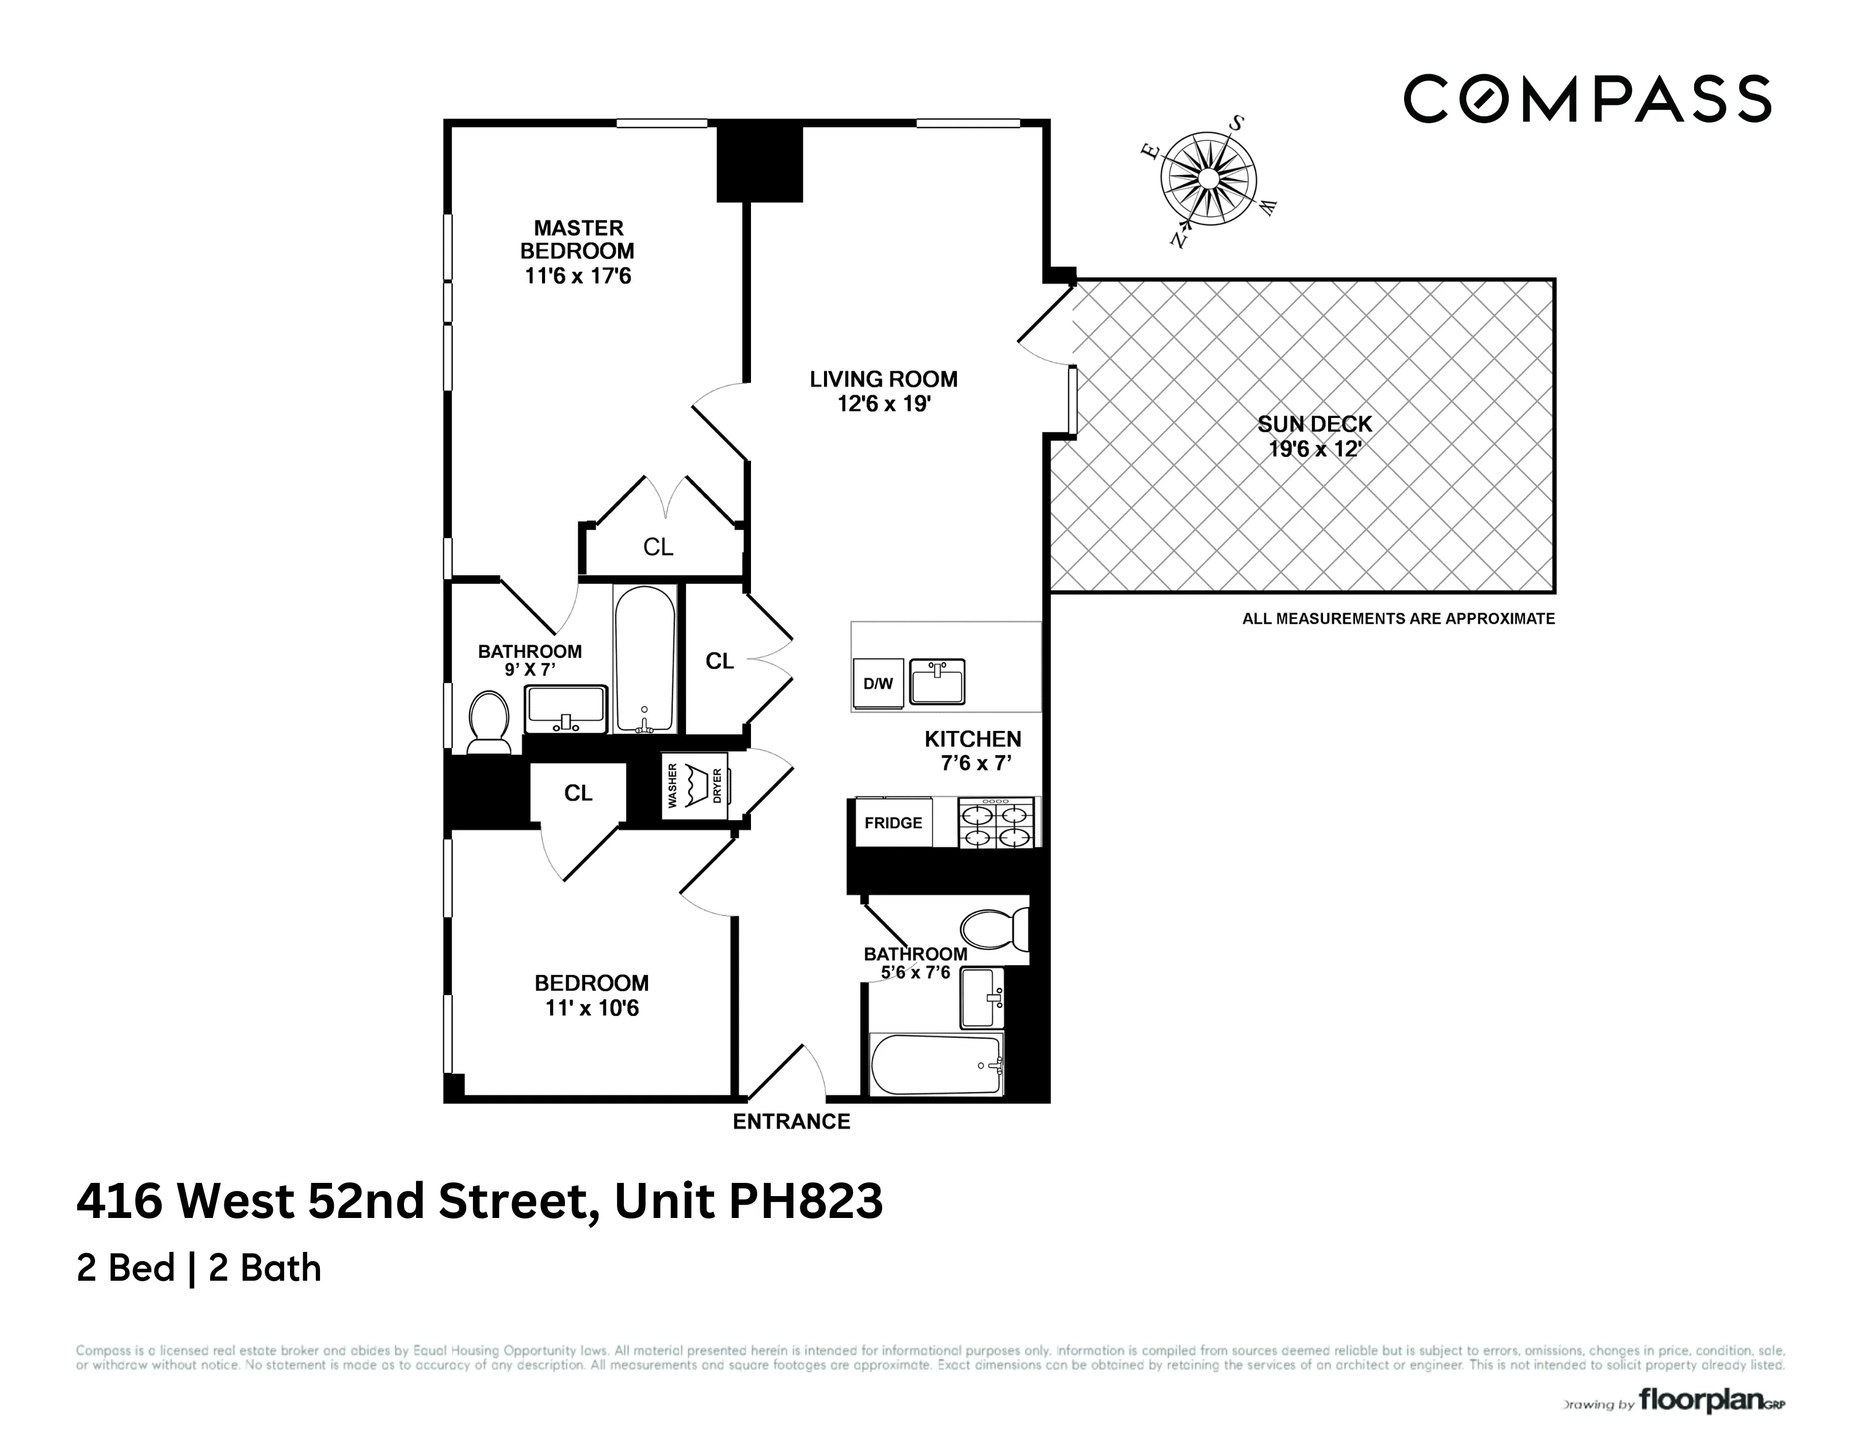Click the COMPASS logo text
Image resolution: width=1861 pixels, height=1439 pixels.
click(1587, 99)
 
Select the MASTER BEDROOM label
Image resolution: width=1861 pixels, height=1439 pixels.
click(578, 239)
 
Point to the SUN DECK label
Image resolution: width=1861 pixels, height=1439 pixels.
click(1315, 424)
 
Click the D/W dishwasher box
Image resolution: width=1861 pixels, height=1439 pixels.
click(878, 684)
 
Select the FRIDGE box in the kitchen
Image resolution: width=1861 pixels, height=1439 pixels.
click(893, 823)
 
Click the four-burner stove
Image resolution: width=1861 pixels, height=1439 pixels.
click(997, 824)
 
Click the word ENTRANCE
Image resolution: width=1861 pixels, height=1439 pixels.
click(792, 1122)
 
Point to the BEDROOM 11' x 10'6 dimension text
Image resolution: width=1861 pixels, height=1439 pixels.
click(592, 1008)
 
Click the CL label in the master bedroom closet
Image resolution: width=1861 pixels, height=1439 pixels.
click(658, 547)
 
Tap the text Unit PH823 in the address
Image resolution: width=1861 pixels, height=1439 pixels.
click(748, 1201)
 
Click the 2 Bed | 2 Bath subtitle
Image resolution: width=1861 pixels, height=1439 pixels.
click(199, 1269)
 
